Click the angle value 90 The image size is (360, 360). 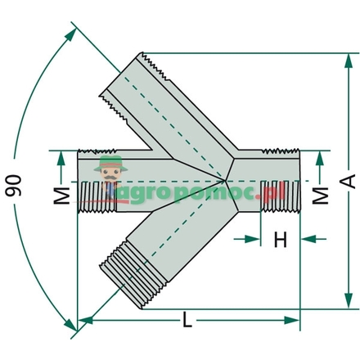click(14, 184)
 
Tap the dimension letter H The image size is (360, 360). click(280, 240)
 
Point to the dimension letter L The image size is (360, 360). click(187, 321)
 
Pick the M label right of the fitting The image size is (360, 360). click(322, 195)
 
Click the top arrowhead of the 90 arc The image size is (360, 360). click(75, 33)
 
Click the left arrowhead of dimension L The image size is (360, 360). click(83, 320)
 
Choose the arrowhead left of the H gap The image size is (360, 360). click(254, 240)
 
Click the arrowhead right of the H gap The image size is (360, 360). click(304, 240)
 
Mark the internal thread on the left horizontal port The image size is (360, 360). click(97, 197)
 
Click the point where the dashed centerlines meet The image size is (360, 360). click(228, 180)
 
